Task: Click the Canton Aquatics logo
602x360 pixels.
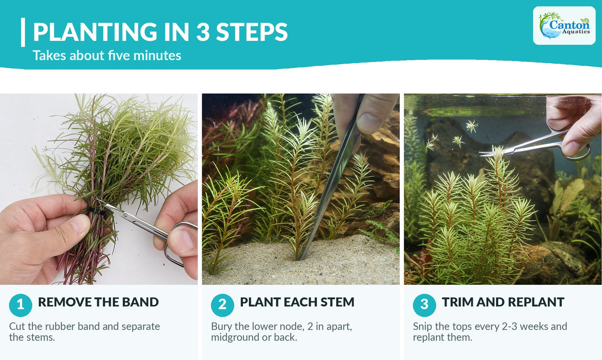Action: pyautogui.click(x=564, y=26)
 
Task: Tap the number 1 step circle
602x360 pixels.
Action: pyautogui.click(x=21, y=305)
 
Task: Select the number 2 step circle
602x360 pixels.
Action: pyautogui.click(x=222, y=305)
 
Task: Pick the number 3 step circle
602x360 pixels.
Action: pyautogui.click(x=424, y=305)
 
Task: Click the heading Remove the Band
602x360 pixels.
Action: pyautogui.click(x=98, y=302)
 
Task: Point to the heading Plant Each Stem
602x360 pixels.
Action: pyautogui.click(x=297, y=302)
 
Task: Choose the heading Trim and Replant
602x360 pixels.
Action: pyautogui.click(x=503, y=302)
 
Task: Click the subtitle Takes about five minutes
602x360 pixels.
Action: pyautogui.click(x=107, y=55)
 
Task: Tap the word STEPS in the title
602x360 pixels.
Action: pyautogui.click(x=252, y=32)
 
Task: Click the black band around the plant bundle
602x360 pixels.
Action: pyautogui.click(x=96, y=211)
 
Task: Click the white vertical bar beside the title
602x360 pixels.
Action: pyautogui.click(x=23, y=32)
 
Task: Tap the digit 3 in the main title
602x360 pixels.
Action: pyautogui.click(x=203, y=32)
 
